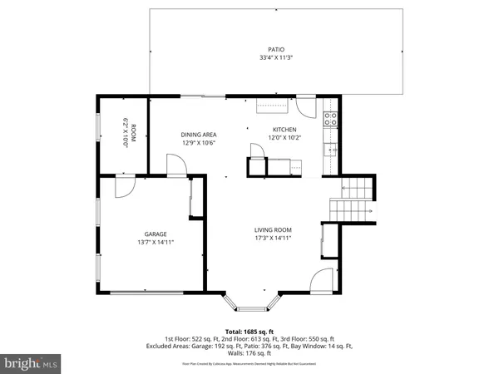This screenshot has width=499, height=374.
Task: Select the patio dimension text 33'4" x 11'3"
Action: tap(275, 58)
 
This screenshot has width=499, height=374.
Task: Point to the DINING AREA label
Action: tap(199, 134)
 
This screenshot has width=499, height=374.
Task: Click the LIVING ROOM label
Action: tap(272, 230)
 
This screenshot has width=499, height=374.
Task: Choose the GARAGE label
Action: tap(156, 234)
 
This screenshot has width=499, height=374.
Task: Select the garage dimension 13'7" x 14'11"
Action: tap(156, 243)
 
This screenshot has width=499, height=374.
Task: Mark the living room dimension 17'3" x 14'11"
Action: tap(272, 239)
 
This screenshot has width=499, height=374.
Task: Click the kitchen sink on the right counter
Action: tap(331, 150)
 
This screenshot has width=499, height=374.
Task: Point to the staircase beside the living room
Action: tap(353, 199)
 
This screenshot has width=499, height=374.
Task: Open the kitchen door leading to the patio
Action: tap(307, 106)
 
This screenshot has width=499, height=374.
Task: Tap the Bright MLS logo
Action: tap(32, 362)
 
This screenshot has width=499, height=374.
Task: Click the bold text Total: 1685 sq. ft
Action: tap(249, 331)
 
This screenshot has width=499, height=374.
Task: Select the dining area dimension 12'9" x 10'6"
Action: tap(199, 143)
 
